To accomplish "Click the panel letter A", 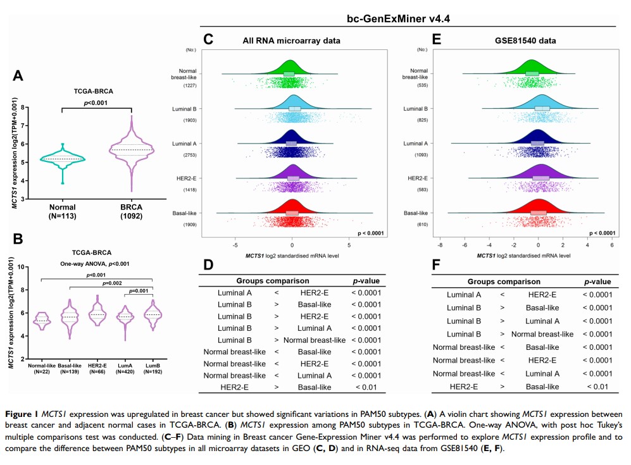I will point(19,76).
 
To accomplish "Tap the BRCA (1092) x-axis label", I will point(132,211).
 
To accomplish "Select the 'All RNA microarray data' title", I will point(291,41).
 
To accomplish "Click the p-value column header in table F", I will point(597,282).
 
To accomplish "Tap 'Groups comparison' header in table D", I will point(272,280).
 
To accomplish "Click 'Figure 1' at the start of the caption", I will point(25,413).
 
